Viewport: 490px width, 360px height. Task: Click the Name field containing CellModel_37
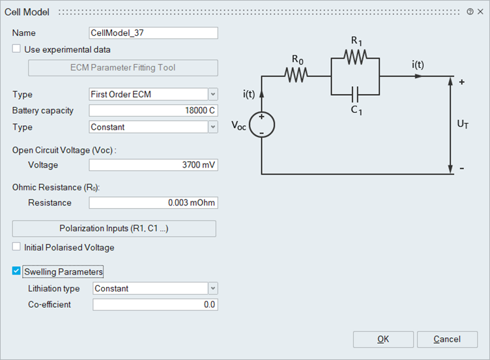153,33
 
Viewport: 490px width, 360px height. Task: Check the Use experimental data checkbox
17,49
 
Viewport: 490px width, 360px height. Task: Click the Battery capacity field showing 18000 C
153,111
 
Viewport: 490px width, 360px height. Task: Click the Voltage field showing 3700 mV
153,165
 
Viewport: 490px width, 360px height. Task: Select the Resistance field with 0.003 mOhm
153,203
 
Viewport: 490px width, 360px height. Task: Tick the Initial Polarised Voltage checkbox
17,247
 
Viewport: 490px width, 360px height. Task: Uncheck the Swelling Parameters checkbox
17,271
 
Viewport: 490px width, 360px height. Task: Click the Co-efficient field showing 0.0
155,305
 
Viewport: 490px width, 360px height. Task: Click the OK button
383,339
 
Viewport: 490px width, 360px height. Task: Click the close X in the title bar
480,12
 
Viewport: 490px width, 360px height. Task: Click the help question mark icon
470,12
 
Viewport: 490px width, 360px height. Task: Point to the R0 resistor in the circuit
296,75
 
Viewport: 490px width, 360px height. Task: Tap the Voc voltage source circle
261,125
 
